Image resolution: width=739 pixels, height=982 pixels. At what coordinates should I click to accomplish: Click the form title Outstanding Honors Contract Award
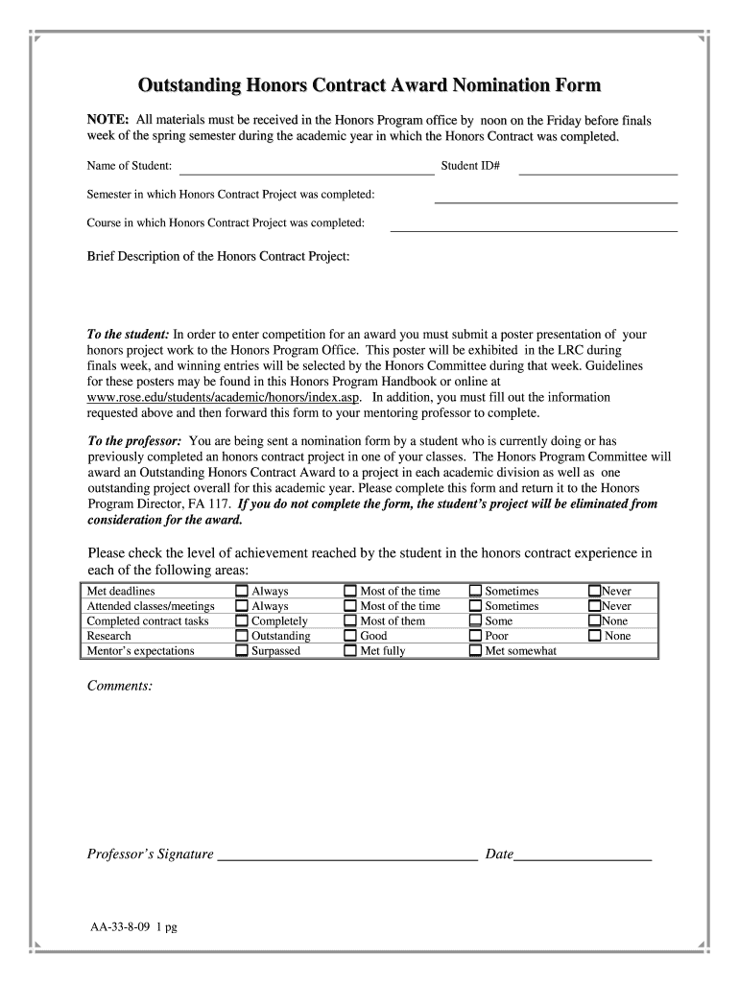pos(369,86)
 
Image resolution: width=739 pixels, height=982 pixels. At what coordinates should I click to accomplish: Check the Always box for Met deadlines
pos(242,592)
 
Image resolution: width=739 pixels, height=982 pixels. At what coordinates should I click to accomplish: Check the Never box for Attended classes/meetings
pos(595,606)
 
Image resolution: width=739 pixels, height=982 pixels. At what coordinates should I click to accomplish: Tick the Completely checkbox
pos(242,621)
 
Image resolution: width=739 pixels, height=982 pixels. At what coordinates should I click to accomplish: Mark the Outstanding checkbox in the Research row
pos(242,636)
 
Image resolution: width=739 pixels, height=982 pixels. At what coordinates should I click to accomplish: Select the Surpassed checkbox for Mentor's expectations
pos(242,651)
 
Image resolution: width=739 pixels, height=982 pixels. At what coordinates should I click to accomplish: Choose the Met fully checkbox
pos(350,651)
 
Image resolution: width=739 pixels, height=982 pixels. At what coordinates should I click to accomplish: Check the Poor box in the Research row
pos(475,636)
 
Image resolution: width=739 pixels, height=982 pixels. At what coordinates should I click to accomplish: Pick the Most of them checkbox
pos(350,621)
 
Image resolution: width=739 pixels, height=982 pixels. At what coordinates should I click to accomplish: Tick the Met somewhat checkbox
pos(475,651)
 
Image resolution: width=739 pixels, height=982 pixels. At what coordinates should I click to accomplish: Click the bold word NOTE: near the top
pos(108,121)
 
